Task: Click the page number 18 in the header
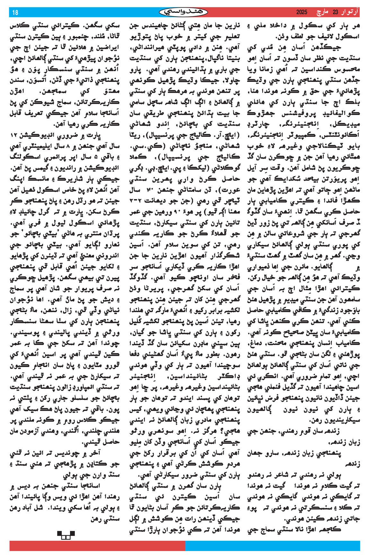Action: click(x=15, y=13)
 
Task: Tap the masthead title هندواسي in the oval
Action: click(x=183, y=12)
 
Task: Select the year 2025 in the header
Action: click(x=302, y=13)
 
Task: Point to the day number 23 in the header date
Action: click(x=335, y=13)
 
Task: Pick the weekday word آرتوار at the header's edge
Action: click(x=350, y=13)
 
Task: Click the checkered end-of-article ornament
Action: click(x=66, y=535)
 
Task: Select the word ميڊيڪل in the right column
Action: click(x=350, y=125)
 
